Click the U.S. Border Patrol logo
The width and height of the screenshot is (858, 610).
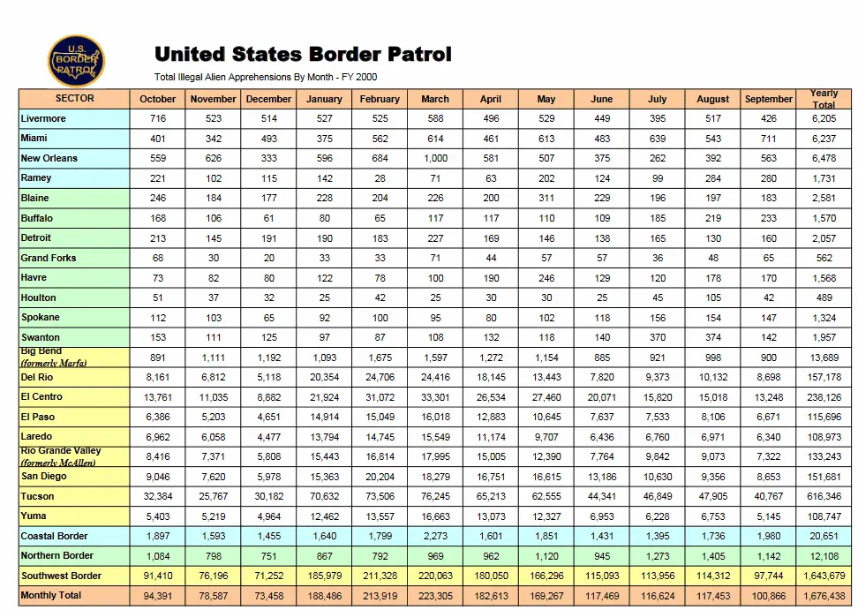pyautogui.click(x=76, y=61)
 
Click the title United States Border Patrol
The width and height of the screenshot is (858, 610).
pyautogui.click(x=303, y=55)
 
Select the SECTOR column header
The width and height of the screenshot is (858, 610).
pyautogui.click(x=75, y=99)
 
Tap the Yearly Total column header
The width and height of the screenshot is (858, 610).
pyautogui.click(x=824, y=99)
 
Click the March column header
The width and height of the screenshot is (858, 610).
pyautogui.click(x=435, y=99)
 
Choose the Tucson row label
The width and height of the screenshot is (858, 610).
pyautogui.click(x=38, y=497)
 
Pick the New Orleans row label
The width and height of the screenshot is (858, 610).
pyautogui.click(x=49, y=159)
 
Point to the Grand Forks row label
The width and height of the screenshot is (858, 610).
pyautogui.click(x=49, y=258)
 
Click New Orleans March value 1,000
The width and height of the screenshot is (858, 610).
pyautogui.click(x=435, y=159)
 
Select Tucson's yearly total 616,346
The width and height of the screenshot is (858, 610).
pyautogui.click(x=824, y=497)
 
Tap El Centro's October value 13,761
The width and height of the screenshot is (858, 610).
pyautogui.click(x=158, y=397)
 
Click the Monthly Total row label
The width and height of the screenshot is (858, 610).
pyautogui.click(x=51, y=596)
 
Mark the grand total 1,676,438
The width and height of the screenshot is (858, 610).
pyautogui.click(x=824, y=596)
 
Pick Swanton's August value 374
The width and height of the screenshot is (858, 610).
pyautogui.click(x=713, y=337)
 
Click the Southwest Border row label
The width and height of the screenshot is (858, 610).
pyautogui.click(x=61, y=576)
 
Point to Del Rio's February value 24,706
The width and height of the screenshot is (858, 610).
pyautogui.click(x=380, y=377)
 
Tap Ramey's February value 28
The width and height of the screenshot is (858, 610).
pyautogui.click(x=380, y=178)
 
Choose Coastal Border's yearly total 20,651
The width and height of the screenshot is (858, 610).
pyautogui.click(x=824, y=536)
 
